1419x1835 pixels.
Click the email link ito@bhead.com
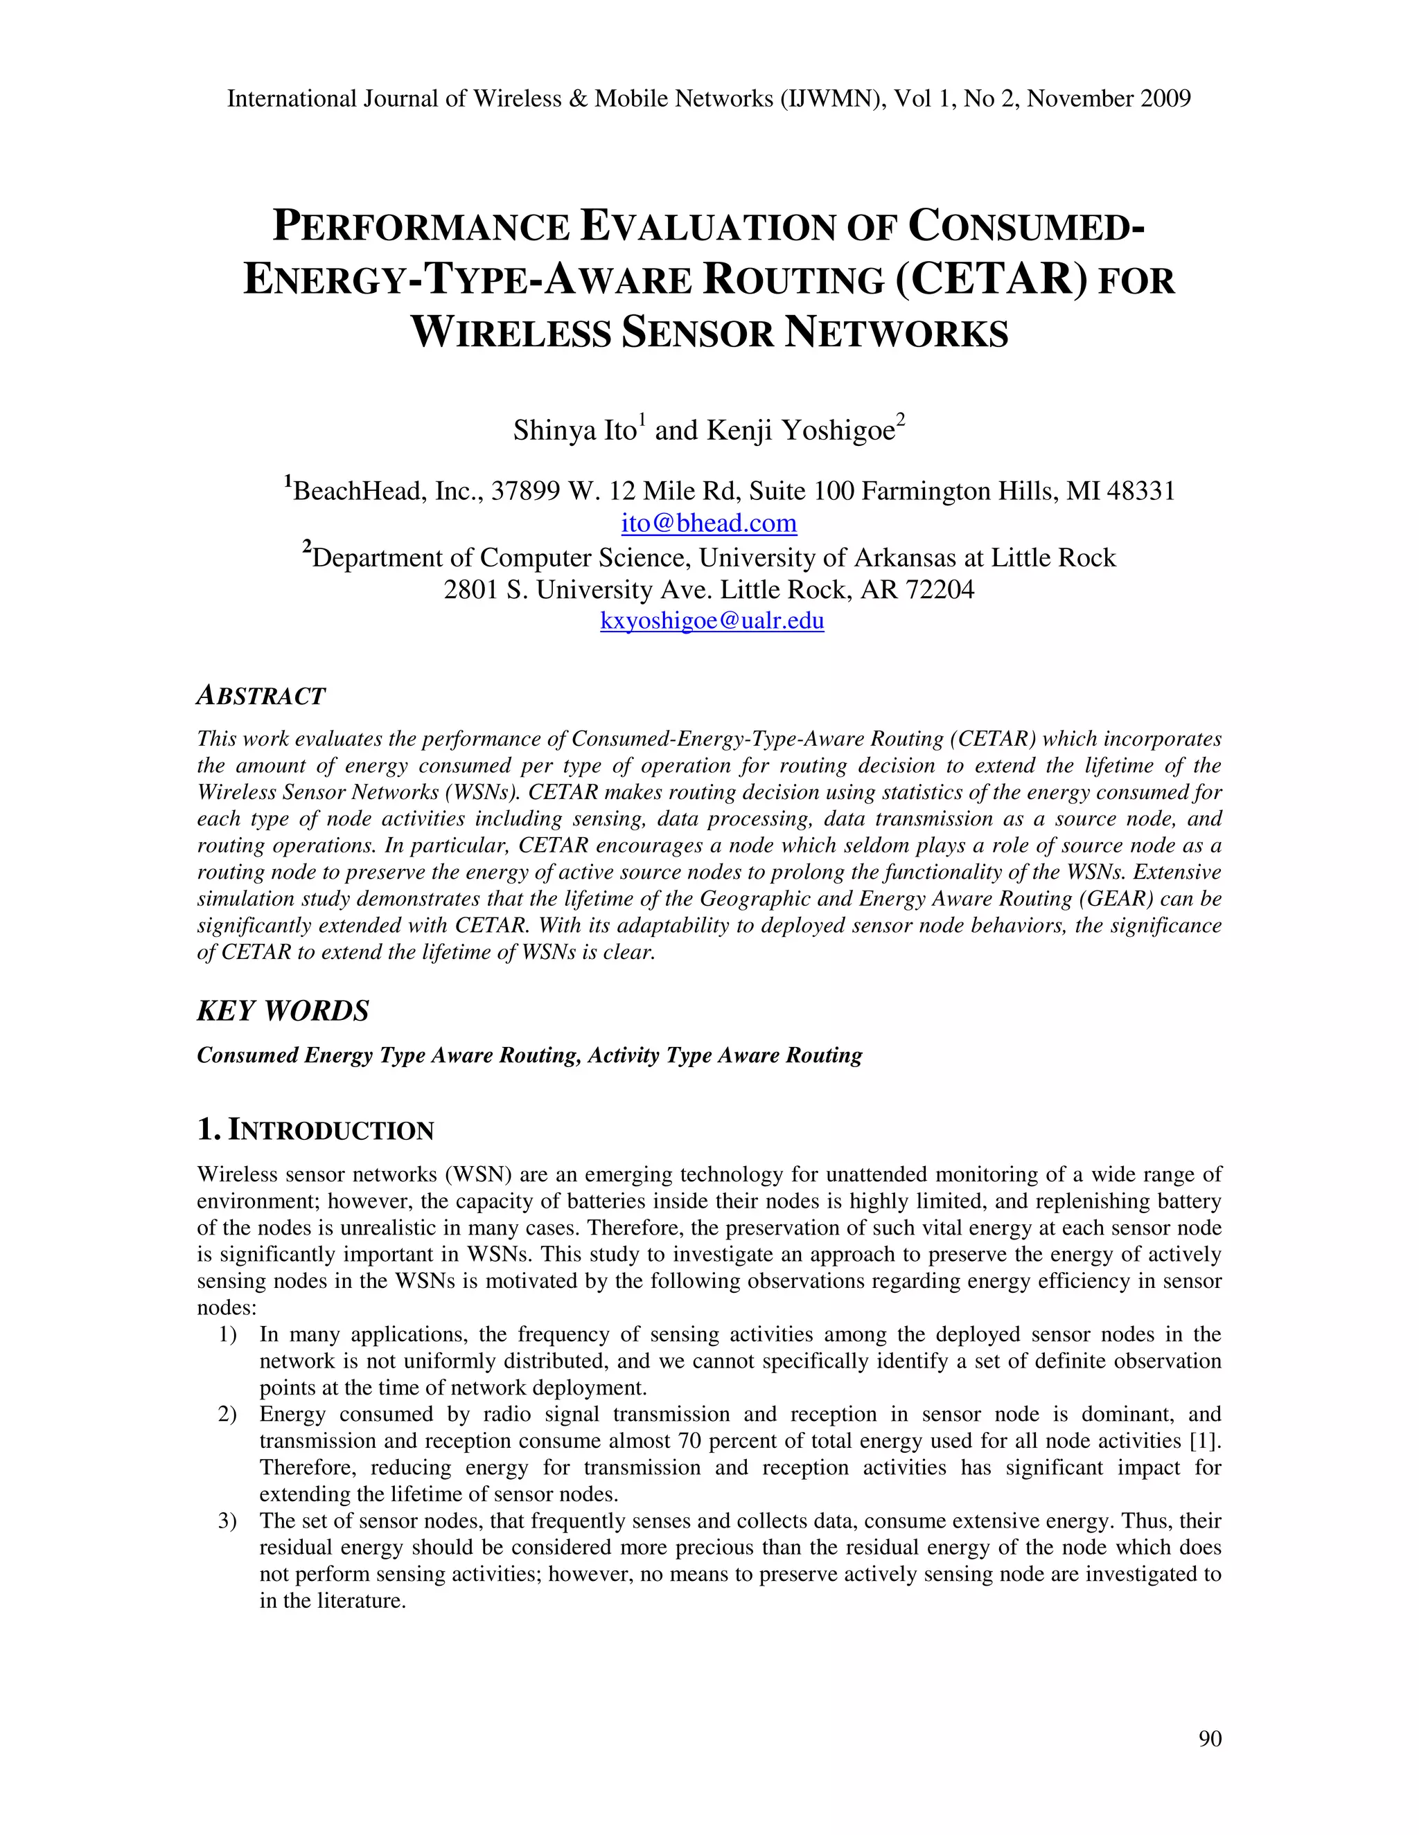(709, 523)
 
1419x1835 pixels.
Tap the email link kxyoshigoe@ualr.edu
(711, 621)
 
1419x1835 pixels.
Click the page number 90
(1210, 1738)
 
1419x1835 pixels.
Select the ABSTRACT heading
(261, 696)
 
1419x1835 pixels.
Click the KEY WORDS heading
(283, 1011)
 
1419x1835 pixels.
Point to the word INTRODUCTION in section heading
(331, 1131)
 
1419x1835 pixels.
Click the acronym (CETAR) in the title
(985, 280)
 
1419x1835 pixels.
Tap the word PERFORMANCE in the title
(421, 228)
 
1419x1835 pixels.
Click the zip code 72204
(939, 590)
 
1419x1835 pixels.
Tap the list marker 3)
(227, 1521)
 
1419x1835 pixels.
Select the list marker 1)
(227, 1334)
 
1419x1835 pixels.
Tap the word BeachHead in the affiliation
(359, 491)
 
